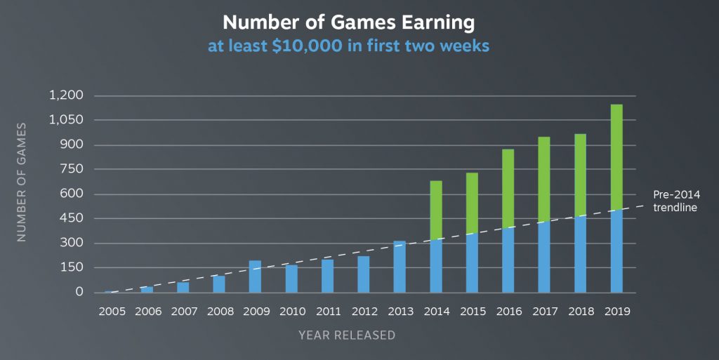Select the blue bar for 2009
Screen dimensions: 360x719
point(255,276)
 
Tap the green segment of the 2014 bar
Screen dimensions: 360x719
point(436,210)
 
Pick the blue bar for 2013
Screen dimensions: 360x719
point(400,267)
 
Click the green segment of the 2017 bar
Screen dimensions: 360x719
point(544,179)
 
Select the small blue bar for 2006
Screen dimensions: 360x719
point(147,289)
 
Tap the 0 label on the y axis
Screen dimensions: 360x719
point(79,292)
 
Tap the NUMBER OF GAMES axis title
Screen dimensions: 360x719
point(22,182)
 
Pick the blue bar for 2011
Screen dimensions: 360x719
point(327,276)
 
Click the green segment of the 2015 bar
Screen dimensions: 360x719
point(472,203)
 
